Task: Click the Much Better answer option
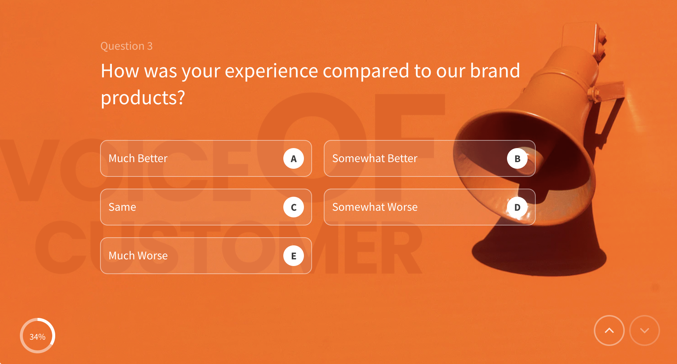coord(191,158)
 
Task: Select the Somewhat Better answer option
coord(416,158)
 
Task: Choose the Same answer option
coord(191,207)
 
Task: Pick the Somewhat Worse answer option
coord(416,207)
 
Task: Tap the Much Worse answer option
coord(191,256)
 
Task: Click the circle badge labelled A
coord(294,158)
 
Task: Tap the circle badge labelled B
coord(517,158)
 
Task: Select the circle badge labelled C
coord(294,207)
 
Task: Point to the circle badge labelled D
coord(517,207)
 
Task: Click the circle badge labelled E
coord(294,256)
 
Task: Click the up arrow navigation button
coord(609,330)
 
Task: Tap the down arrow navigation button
coord(645,330)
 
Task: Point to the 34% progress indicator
coord(38,336)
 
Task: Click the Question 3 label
coord(127,46)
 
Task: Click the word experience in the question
coord(271,71)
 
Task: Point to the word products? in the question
coord(143,98)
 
